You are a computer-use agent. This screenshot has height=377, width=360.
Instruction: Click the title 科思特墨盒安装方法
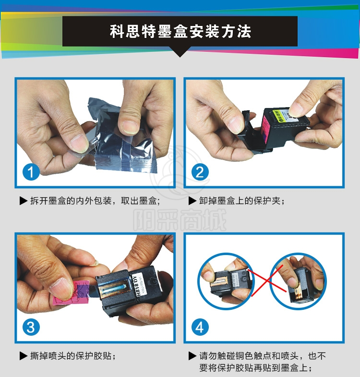pos(180,31)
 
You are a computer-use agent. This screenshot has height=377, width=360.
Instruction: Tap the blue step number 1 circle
pos(31,172)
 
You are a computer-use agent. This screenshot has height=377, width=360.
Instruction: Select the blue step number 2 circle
pos(200,172)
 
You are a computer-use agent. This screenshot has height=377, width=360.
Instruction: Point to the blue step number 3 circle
pos(31,327)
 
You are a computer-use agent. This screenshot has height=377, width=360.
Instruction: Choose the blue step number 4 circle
pos(200,327)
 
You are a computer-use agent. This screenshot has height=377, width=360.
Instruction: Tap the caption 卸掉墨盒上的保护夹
pos(241,201)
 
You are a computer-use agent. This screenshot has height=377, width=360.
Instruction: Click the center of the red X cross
pos(267,281)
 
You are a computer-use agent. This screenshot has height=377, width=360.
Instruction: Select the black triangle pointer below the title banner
pos(180,51)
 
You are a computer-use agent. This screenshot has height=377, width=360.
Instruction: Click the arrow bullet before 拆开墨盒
pos(24,201)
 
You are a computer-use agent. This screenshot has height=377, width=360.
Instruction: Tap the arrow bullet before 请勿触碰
pos(192,356)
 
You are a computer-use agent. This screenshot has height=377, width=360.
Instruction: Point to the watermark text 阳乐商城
pos(180,220)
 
